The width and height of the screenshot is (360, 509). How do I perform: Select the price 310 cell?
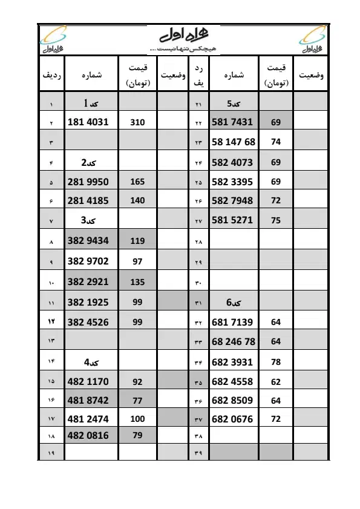coord(137,122)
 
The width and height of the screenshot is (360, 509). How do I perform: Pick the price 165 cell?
coord(137,182)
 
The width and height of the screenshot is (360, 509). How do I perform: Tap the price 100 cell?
coord(137,419)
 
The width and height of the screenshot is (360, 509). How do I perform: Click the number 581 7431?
coord(232,122)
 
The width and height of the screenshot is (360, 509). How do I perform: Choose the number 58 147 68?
coord(234,142)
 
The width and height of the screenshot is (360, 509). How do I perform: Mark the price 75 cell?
coord(276,221)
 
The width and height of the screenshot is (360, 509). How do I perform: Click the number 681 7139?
coord(232,323)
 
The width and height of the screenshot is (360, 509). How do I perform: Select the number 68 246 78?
coord(234,342)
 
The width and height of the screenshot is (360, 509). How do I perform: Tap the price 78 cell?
coord(276,363)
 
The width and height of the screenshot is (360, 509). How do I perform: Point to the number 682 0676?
coord(232,419)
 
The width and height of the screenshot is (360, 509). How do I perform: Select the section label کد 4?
coord(90,363)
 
